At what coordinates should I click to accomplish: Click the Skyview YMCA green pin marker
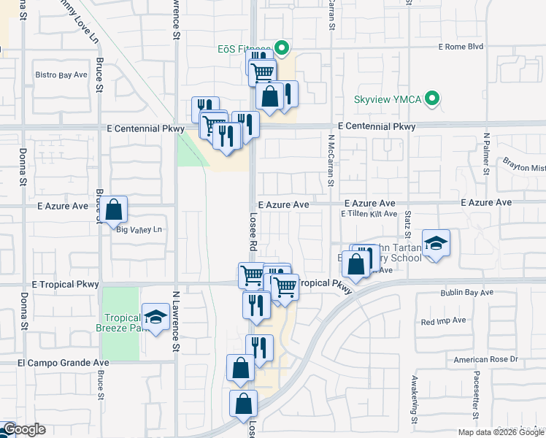433,98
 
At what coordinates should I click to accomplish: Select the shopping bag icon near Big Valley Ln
114,210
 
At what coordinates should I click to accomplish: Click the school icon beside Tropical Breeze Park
155,318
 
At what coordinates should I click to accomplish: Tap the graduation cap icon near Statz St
436,244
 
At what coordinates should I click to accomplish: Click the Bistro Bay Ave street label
61,75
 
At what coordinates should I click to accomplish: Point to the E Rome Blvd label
461,46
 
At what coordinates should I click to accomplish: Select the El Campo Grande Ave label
64,362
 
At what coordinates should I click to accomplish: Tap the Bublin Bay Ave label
466,293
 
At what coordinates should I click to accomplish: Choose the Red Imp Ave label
443,321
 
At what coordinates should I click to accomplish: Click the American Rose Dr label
485,359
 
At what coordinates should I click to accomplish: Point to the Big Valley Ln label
139,230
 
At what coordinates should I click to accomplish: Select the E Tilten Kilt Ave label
369,214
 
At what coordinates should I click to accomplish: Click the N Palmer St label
486,153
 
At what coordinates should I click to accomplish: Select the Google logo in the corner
23,429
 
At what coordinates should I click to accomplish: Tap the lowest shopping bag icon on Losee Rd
244,403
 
